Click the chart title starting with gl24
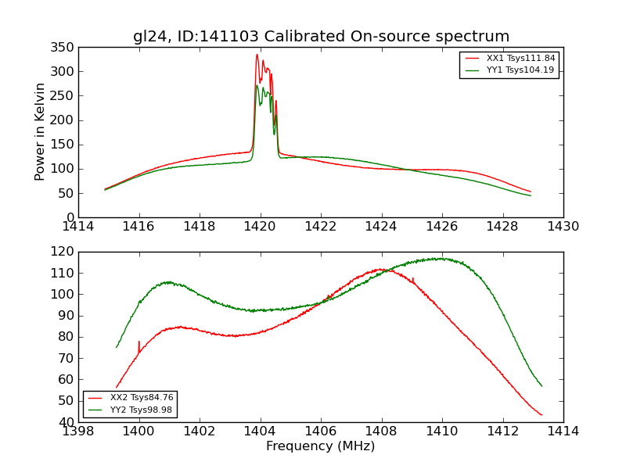tap(321, 37)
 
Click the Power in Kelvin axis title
tap(41, 132)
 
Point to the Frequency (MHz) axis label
tap(321, 446)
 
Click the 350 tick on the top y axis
tap(65, 48)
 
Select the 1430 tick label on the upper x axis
tap(563, 227)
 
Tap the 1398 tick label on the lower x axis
tap(79, 431)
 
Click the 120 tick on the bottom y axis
tap(65, 252)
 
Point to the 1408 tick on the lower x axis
tap(381, 431)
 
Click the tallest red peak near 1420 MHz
tap(257, 55)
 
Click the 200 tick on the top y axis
tap(65, 120)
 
